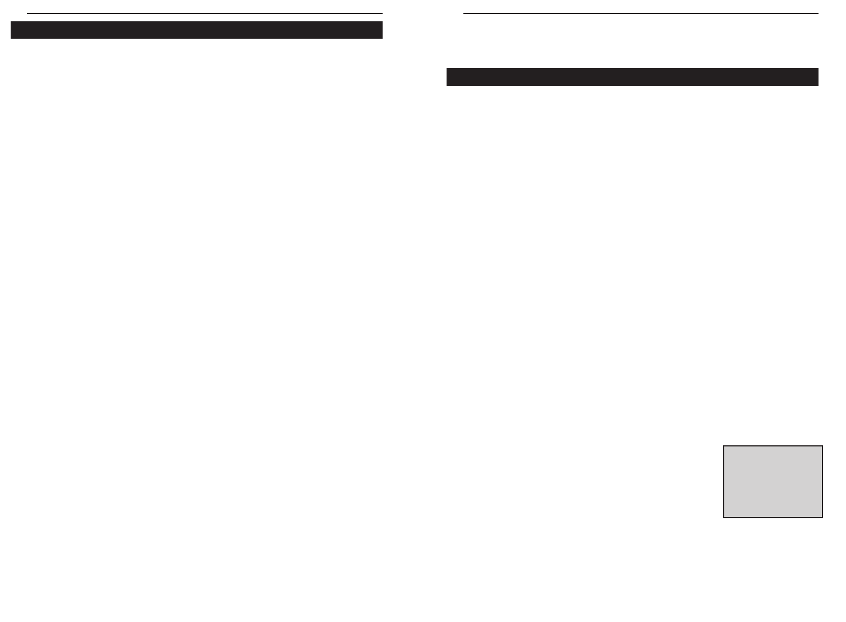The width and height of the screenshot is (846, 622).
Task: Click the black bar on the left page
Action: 196,30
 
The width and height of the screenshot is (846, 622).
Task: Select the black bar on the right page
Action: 632,77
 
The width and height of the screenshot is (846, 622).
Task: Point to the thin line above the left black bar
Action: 205,13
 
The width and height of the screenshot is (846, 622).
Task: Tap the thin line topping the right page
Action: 641,13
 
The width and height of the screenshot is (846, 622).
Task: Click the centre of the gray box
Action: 773,482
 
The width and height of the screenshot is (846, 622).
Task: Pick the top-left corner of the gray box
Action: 724,446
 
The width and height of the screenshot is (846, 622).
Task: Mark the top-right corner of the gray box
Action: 822,446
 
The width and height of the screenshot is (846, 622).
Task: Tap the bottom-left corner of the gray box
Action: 724,517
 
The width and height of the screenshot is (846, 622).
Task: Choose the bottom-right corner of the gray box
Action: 822,517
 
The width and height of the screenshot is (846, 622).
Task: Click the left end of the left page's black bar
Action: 12,30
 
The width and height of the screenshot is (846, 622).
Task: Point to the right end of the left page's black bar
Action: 381,30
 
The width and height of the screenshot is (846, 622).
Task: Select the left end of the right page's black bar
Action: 448,77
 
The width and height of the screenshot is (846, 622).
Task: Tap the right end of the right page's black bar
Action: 817,77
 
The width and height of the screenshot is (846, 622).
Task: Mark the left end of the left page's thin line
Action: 27,13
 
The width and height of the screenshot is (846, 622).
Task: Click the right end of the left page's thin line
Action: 382,13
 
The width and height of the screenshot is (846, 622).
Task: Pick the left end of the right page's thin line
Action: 464,13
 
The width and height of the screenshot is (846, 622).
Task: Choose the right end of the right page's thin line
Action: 818,13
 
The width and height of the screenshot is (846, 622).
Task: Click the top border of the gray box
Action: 773,446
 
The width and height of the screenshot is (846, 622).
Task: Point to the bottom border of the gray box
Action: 773,517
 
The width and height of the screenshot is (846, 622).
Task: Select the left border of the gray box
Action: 724,482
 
